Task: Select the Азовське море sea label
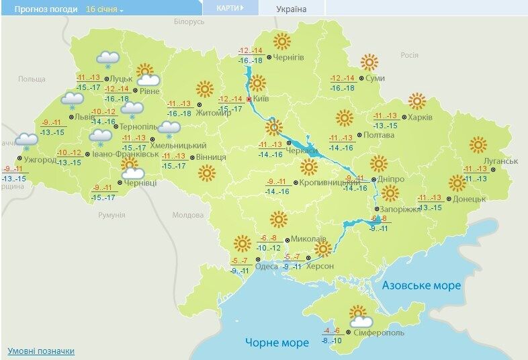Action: [x=421, y=285]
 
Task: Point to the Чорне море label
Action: [x=277, y=343]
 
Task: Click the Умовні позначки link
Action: [x=41, y=351]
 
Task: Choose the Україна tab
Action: [x=291, y=9]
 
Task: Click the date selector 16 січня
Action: [x=105, y=9]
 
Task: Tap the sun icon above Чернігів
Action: [x=281, y=42]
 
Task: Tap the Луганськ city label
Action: [x=500, y=162]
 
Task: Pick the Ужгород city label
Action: [x=40, y=159]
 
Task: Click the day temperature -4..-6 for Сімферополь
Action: [x=332, y=330]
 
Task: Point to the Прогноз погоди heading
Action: [x=42, y=9]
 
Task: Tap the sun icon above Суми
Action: [x=369, y=62]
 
